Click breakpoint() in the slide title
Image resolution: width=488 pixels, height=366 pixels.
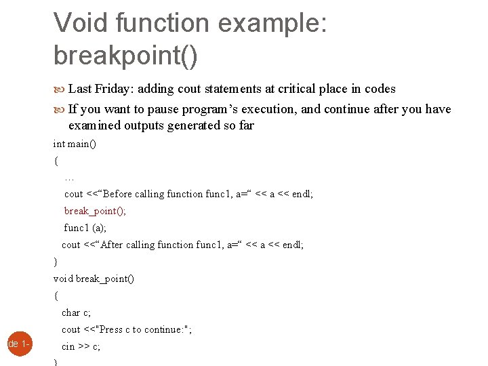[125, 56]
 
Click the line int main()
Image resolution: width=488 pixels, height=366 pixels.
[75, 144]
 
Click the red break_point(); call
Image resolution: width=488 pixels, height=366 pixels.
[95, 211]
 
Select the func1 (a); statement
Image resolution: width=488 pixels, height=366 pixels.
[85, 228]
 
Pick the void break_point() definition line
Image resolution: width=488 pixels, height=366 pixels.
[94, 279]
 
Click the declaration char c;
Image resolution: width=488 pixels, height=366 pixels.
[76, 312]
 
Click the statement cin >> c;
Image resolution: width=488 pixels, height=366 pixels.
[81, 346]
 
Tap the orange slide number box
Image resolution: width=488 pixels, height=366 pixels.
[16, 344]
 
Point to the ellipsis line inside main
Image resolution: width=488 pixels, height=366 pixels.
[68, 178]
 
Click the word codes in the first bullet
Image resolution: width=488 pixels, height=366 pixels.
[380, 89]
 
